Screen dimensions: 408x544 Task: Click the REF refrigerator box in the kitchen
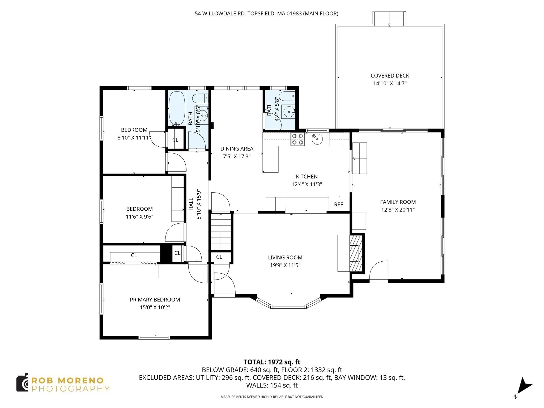pos(339,204)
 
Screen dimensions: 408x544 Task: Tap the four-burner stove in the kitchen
pos(297,139)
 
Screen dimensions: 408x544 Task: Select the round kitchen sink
pos(317,139)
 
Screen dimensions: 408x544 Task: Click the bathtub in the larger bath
pos(177,109)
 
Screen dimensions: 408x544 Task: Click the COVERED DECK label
pos(390,76)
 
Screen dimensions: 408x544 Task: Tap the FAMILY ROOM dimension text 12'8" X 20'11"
pos(398,210)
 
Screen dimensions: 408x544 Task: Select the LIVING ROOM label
pos(285,257)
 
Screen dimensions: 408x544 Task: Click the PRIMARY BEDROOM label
pos(155,300)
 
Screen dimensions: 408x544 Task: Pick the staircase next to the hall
pos(221,232)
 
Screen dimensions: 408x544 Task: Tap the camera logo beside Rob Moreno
pos(22,383)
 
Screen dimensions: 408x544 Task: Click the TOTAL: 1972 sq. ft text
pos(272,362)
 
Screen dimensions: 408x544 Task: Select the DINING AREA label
pos(237,149)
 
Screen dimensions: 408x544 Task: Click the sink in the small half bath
pos(288,112)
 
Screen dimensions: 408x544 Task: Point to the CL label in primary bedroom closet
pos(134,255)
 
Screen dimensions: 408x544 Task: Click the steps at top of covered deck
pos(389,19)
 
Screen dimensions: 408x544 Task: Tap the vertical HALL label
pos(191,204)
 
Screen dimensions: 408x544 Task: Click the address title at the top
pos(266,14)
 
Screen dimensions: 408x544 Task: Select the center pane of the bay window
pos(288,307)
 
